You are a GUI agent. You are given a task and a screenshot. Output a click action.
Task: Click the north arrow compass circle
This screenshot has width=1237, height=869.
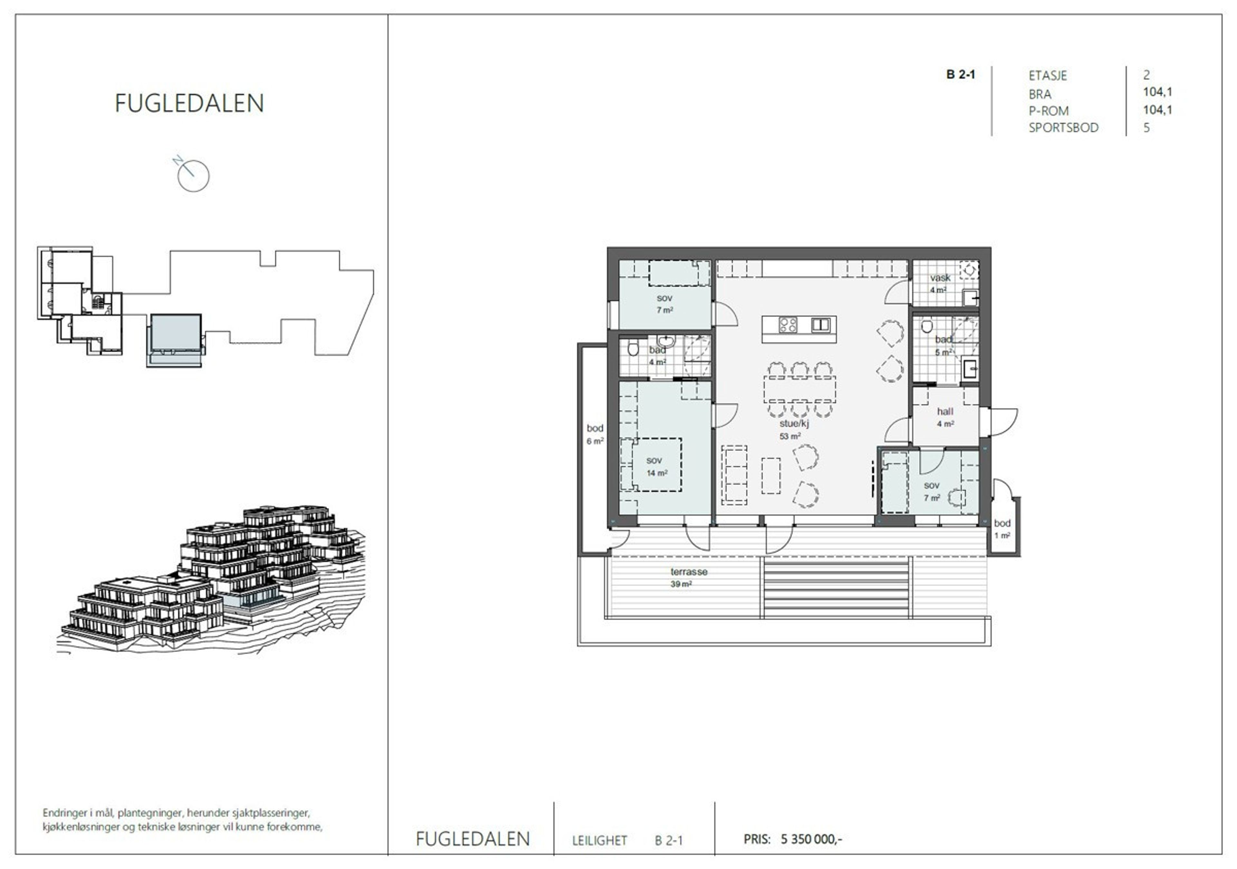pyautogui.click(x=193, y=176)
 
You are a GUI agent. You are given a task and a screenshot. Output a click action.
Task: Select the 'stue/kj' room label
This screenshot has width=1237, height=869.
pyautogui.click(x=794, y=424)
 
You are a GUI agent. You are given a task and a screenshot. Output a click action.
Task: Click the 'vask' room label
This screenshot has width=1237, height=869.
pyautogui.click(x=940, y=278)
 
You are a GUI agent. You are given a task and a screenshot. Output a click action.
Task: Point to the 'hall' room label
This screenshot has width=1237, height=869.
pyautogui.click(x=945, y=412)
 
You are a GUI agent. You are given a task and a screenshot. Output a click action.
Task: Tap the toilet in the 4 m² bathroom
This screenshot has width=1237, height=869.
pyautogui.click(x=633, y=349)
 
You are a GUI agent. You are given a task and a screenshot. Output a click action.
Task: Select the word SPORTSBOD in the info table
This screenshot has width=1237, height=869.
pyautogui.click(x=1063, y=128)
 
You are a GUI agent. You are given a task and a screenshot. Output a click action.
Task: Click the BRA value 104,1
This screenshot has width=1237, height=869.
pyautogui.click(x=1157, y=92)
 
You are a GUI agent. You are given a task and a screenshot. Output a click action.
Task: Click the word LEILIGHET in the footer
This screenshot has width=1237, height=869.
pyautogui.click(x=599, y=840)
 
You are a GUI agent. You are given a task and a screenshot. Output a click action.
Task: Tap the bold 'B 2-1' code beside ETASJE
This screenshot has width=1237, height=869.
pyautogui.click(x=961, y=74)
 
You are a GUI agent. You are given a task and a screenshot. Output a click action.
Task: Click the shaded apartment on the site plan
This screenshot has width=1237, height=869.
pyautogui.click(x=176, y=334)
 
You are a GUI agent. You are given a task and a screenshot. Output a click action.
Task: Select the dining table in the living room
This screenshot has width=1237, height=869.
pyautogui.click(x=800, y=389)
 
